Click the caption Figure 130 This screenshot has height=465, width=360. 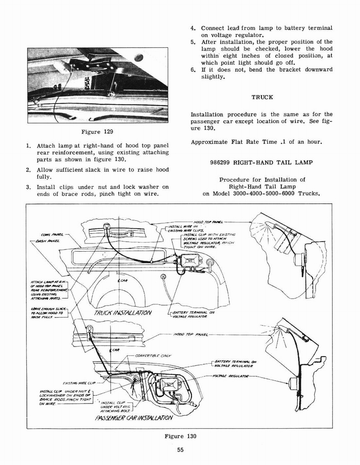coord(180,436)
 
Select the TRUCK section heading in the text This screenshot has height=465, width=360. coord(262,97)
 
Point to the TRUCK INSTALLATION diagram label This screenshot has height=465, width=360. coord(123,313)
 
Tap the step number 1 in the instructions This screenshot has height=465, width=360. coord(29,146)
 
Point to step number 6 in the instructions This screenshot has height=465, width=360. coord(193,69)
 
